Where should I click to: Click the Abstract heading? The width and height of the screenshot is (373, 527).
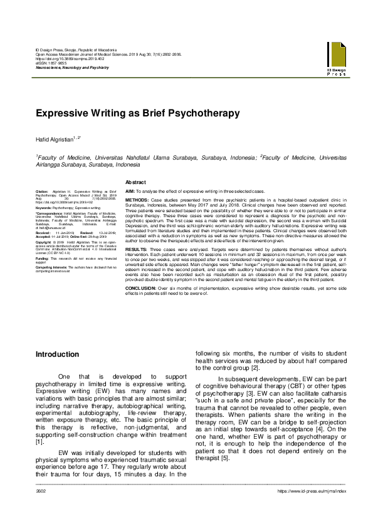pyautogui.click(x=136, y=182)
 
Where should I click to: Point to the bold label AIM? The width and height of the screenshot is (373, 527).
pyautogui.click(x=130, y=190)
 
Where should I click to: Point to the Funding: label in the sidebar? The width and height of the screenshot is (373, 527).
pyautogui.click(x=43, y=258)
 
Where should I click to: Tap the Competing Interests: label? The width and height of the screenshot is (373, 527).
pyautogui.click(x=51, y=267)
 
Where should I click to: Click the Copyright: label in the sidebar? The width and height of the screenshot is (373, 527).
pyautogui.click(x=45, y=241)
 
